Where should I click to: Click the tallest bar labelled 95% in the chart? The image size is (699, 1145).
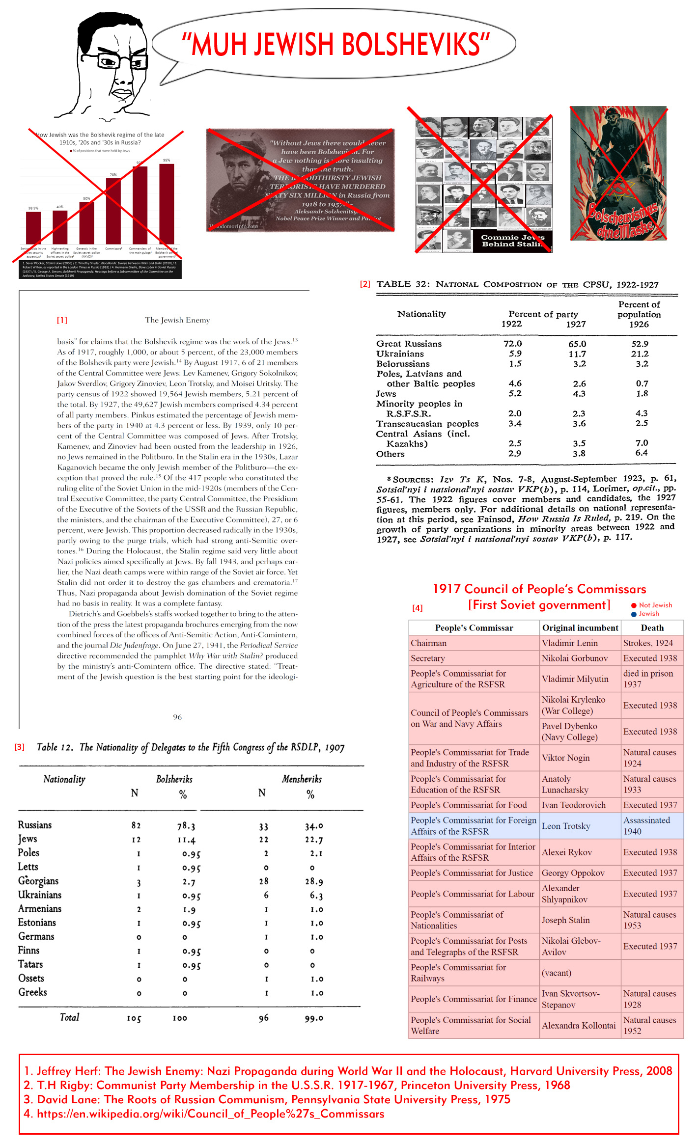click(167, 204)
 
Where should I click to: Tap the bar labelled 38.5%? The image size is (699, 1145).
click(33, 227)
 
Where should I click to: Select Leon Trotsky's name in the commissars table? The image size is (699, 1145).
click(566, 826)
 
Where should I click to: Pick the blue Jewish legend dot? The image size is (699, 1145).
click(634, 614)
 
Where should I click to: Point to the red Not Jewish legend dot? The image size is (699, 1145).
click(634, 605)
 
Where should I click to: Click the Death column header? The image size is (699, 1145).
click(652, 627)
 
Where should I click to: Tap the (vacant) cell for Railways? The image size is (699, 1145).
click(557, 973)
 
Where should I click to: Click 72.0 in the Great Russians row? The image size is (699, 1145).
click(513, 344)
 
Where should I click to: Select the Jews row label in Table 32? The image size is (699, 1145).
click(386, 394)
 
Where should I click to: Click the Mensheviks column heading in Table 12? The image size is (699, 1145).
click(302, 779)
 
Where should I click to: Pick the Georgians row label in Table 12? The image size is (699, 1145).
click(38, 881)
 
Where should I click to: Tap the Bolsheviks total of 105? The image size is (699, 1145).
click(134, 1018)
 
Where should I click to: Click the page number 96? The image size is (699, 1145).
click(177, 717)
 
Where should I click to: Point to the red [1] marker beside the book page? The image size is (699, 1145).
click(62, 320)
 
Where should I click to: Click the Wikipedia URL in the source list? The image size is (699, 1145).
click(211, 1114)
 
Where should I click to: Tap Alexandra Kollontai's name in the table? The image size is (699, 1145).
click(579, 1025)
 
